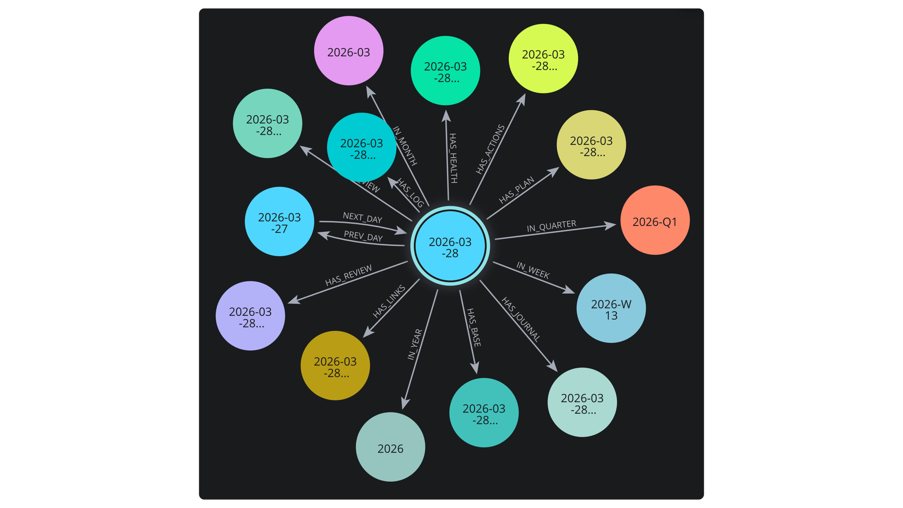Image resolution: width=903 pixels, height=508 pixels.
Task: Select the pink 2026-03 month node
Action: [349, 51]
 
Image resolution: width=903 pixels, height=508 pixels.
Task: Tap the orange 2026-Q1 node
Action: [655, 220]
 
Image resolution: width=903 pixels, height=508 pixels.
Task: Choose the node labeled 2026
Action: [391, 447]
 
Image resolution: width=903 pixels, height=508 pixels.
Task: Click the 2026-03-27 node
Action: [279, 222]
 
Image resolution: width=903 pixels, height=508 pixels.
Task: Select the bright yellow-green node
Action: [543, 59]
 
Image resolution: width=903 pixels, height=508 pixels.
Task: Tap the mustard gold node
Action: [335, 366]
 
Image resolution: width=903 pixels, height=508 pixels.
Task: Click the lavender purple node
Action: [251, 316]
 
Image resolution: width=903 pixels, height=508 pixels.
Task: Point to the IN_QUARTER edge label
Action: [551, 226]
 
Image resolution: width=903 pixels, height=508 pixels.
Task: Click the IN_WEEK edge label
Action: [533, 270]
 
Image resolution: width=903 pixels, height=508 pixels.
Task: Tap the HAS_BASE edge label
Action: [474, 327]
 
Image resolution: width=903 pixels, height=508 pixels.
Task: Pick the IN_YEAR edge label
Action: [415, 345]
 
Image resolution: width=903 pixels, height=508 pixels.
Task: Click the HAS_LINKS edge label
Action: [389, 302]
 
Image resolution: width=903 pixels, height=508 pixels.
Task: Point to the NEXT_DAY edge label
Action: [363, 218]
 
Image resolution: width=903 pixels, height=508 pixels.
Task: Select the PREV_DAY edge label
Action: [363, 236]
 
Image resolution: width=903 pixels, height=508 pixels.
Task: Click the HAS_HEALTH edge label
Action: [453, 158]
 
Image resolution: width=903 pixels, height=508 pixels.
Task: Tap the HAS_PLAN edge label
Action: [517, 190]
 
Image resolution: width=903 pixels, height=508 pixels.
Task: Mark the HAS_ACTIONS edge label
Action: [490, 149]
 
